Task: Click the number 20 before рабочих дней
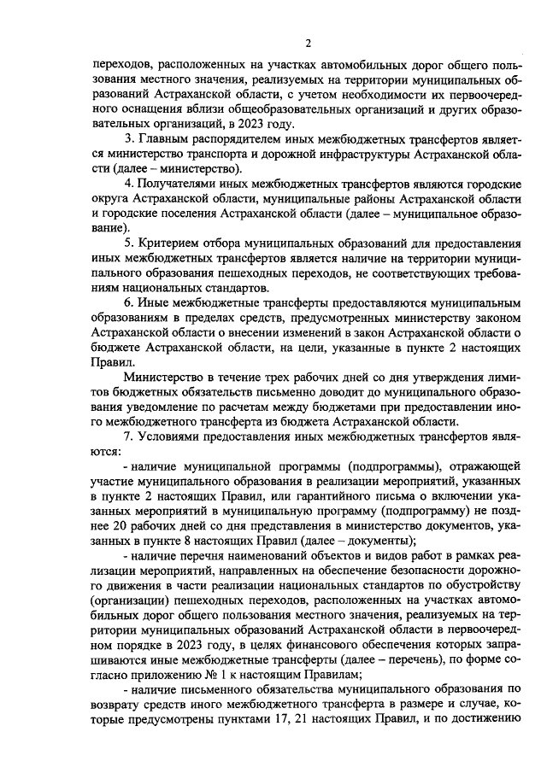[108, 530]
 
